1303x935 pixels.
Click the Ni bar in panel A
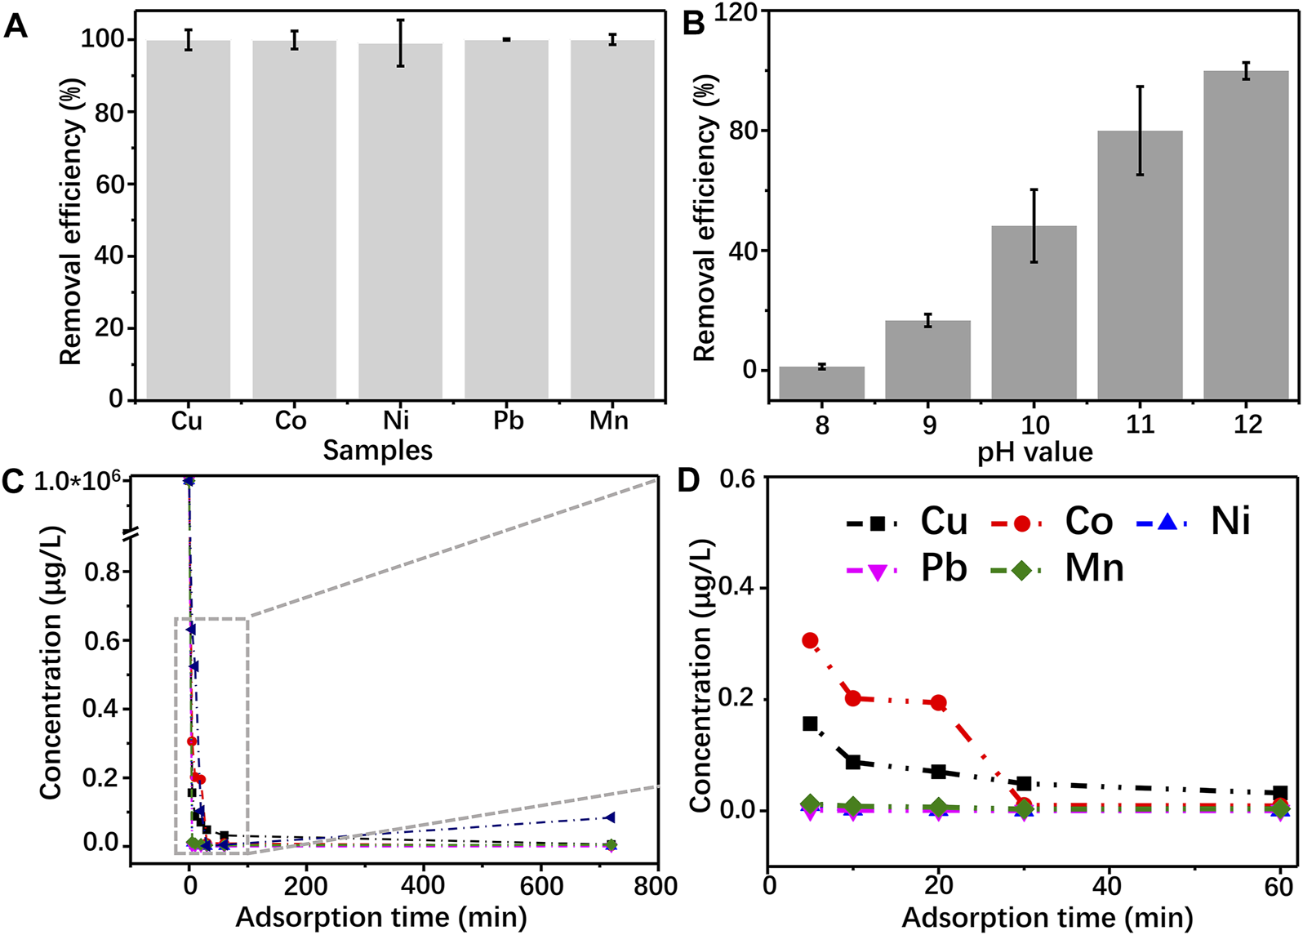[x=400, y=220]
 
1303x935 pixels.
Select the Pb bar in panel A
[x=506, y=220]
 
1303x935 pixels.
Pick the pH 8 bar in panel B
[x=821, y=383]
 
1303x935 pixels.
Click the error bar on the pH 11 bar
[x=1140, y=131]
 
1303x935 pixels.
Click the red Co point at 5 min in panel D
[x=810, y=640]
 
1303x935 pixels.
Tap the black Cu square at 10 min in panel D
[x=853, y=762]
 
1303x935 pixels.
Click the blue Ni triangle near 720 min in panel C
[x=609, y=817]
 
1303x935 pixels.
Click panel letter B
[x=692, y=24]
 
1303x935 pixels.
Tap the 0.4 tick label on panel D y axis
[x=738, y=588]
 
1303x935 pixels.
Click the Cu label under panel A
[x=186, y=421]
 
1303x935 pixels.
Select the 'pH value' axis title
[x=1034, y=452]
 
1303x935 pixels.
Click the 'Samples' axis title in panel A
[x=377, y=450]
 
